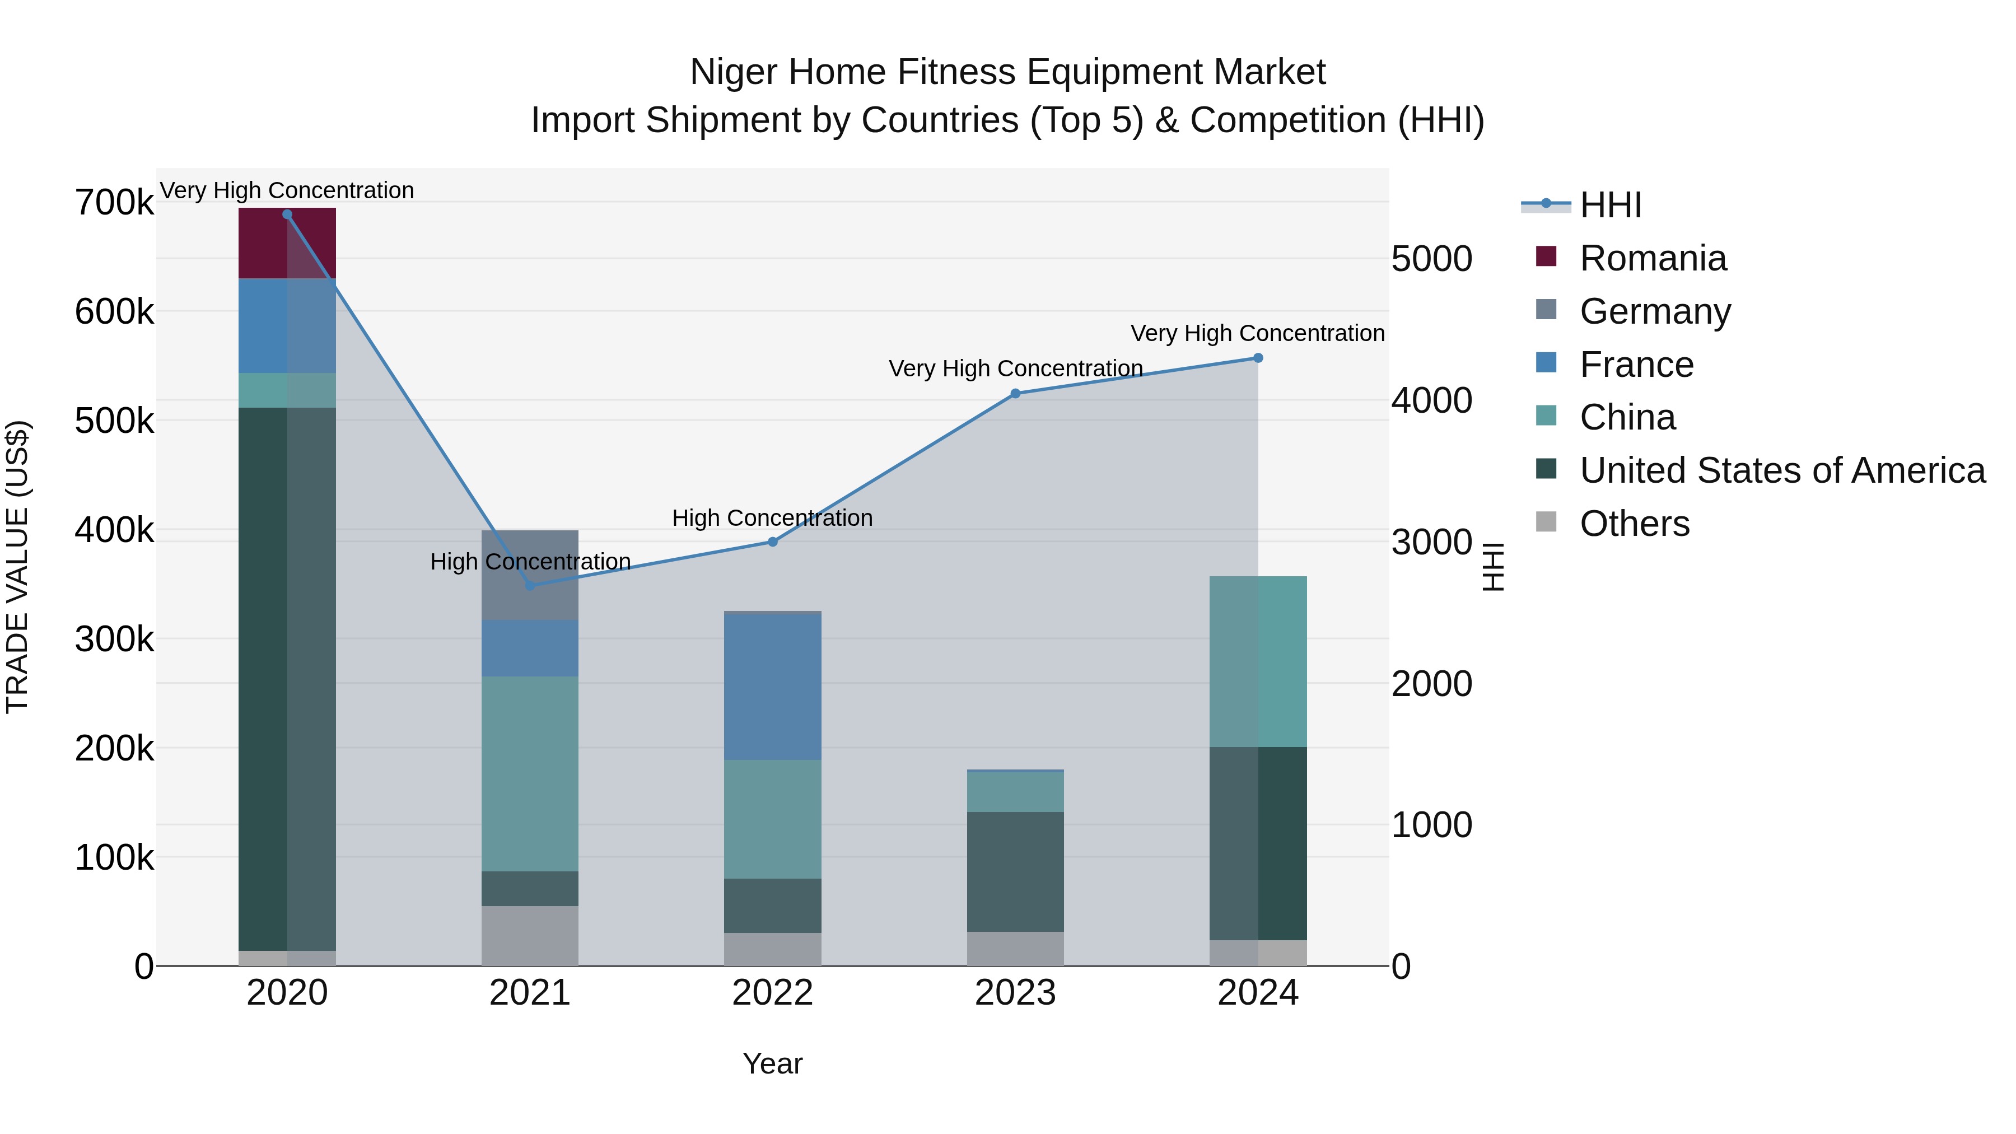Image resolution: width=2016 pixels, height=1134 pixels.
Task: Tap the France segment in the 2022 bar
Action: (772, 687)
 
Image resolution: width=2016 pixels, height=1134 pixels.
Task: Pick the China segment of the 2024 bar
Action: (1258, 661)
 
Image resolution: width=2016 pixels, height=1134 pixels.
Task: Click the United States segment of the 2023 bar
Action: (1015, 871)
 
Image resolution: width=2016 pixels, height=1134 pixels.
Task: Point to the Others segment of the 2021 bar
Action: (530, 936)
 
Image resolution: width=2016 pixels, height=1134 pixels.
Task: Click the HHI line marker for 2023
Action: (1016, 394)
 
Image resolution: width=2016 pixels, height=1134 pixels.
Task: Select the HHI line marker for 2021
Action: (530, 585)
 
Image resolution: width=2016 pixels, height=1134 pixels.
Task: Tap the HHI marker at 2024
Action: (1258, 358)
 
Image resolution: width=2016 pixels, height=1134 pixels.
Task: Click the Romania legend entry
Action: (1652, 258)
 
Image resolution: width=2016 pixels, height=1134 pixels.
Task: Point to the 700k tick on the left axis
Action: (114, 203)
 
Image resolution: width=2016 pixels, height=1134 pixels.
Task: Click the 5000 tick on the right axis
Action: (1431, 259)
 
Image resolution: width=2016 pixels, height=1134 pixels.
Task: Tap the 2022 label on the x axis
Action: (772, 993)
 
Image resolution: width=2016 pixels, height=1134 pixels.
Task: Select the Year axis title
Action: (772, 1063)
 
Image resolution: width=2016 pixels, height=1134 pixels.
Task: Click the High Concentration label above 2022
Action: (772, 518)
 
